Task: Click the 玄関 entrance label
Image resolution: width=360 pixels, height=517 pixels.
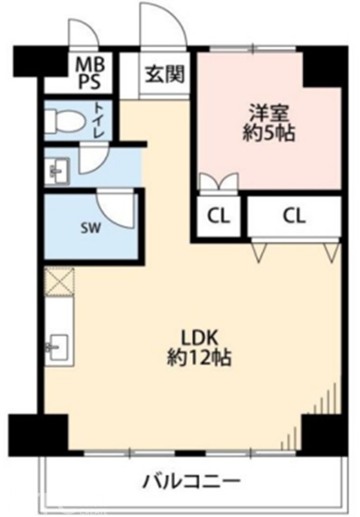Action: (x=164, y=73)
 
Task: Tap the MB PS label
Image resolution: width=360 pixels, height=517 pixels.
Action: (x=90, y=73)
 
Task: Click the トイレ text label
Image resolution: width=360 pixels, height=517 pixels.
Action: (x=99, y=120)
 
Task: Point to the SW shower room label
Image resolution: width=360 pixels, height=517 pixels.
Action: (x=90, y=227)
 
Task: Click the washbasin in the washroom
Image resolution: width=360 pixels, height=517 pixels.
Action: (x=58, y=171)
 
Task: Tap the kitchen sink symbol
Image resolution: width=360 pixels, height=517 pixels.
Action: (x=58, y=347)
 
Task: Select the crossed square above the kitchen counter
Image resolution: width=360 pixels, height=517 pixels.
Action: (x=59, y=281)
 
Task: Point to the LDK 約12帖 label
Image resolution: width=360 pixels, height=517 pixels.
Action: (x=200, y=348)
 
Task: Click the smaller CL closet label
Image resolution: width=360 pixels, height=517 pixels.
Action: (x=219, y=217)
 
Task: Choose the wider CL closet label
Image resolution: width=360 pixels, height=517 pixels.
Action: (x=294, y=216)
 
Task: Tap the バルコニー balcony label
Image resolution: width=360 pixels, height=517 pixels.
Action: (x=191, y=482)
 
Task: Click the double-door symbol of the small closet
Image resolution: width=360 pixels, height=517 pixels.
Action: (x=219, y=182)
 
